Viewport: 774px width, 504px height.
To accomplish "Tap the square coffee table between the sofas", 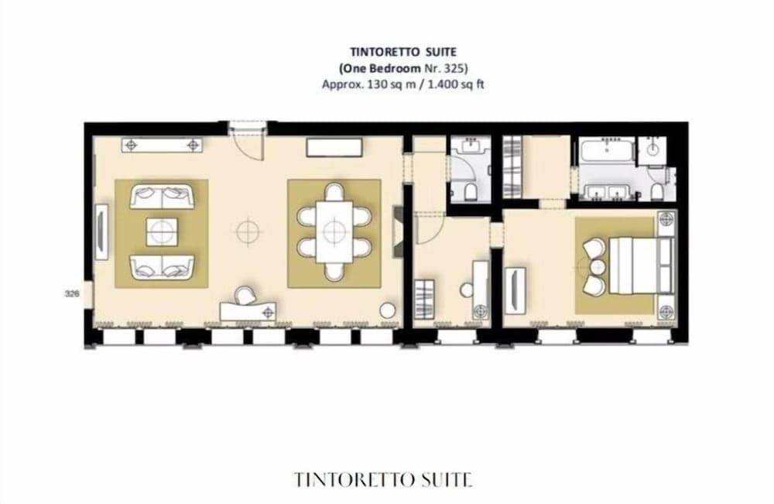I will click(162, 231).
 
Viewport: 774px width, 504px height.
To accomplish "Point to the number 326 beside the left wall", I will click(71, 294).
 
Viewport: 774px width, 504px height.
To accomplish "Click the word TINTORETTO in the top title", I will click(365, 52).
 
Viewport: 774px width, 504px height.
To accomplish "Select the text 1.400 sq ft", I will click(456, 84).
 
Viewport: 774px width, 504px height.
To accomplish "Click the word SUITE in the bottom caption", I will click(445, 479).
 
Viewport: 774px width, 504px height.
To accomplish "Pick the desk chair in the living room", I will click(245, 295).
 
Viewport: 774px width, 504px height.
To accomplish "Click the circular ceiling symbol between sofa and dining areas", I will click(247, 230).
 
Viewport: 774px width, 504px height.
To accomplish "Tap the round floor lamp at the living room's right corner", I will click(387, 310).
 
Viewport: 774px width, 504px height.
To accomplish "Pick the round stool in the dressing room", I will click(467, 289).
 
